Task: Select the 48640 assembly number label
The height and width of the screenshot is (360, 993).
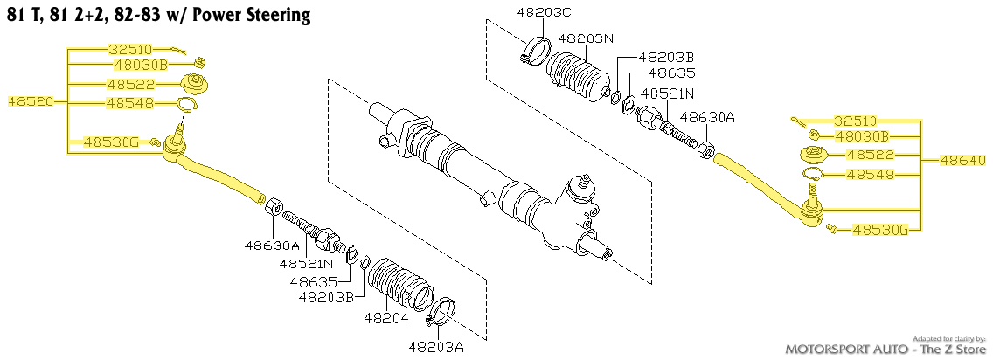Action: (x=962, y=161)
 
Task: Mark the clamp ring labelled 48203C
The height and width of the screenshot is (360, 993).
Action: (x=534, y=51)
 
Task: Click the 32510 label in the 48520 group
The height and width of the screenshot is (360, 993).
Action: (x=129, y=49)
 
